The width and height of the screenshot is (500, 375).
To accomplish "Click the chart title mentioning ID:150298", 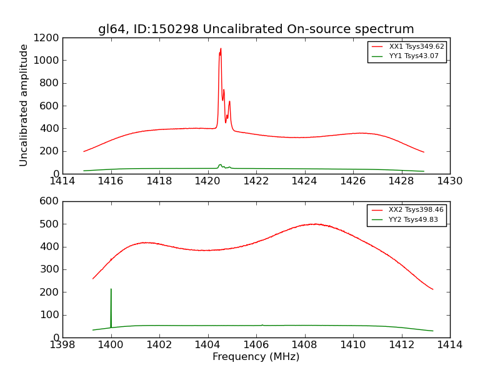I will tap(256, 29).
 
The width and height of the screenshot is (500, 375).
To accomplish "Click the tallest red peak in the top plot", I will tap(220, 49).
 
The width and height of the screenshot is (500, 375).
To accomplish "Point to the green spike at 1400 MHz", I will tap(111, 290).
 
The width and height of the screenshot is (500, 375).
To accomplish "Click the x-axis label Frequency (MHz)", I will tap(256, 357).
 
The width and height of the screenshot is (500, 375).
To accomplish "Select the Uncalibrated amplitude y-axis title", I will tap(24, 105).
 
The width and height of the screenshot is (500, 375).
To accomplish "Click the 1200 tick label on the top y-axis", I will tap(46, 38).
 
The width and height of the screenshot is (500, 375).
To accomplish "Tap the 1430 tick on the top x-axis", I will tap(449, 181).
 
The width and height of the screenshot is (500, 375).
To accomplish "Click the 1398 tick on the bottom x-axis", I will tap(62, 345).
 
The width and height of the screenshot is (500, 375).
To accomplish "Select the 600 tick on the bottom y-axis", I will tap(51, 201).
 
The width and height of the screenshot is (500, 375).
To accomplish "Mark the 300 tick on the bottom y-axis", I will tap(51, 269).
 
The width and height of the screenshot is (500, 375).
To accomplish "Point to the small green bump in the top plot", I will tap(220, 165).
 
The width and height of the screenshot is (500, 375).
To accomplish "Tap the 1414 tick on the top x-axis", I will tap(62, 181).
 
